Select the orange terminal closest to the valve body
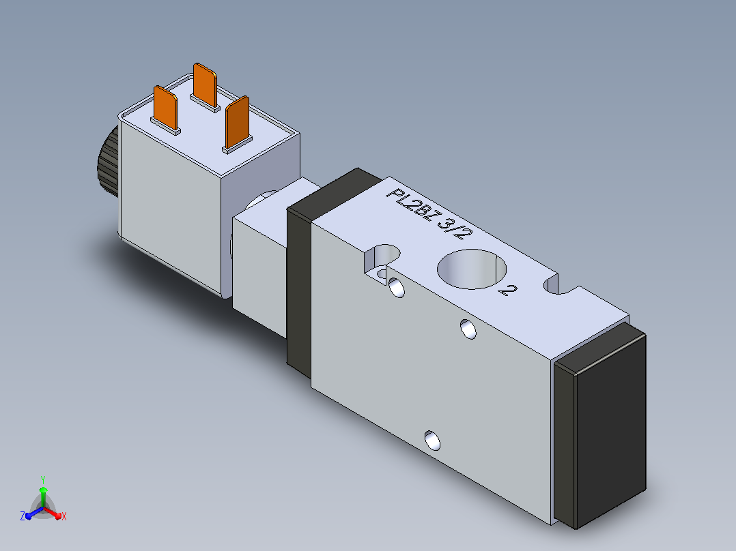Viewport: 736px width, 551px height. point(238,122)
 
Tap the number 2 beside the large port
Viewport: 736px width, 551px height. point(507,291)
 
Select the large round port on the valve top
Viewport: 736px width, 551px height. point(472,269)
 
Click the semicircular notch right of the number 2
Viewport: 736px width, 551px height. point(556,285)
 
